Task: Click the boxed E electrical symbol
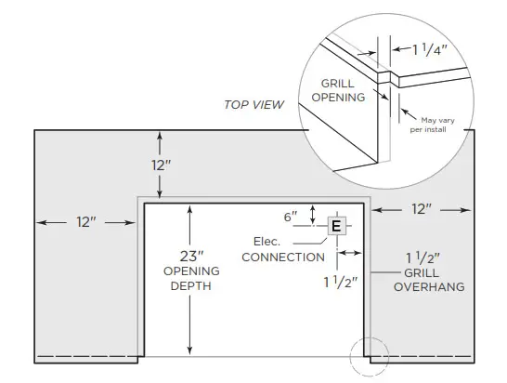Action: [336, 225]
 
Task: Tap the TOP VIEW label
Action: [253, 104]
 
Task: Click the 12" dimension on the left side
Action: [86, 222]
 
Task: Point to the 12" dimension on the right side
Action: [422, 210]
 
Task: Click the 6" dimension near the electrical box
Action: [291, 216]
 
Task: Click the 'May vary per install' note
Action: [429, 125]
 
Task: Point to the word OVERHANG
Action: [428, 287]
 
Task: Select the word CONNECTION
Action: [282, 257]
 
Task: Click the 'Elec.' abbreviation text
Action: [267, 240]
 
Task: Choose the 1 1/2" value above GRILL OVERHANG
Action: [422, 258]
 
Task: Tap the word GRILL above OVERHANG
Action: [422, 273]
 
